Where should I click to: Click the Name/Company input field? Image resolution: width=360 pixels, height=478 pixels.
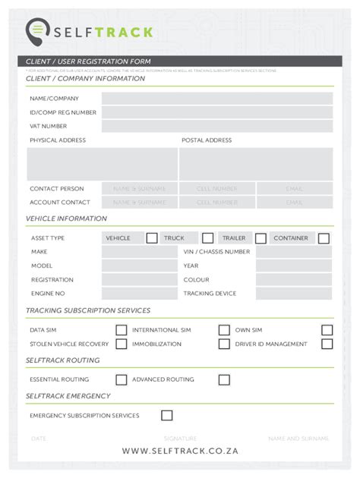click(x=216, y=99)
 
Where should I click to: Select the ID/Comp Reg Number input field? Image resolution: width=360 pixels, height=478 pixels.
click(x=216, y=112)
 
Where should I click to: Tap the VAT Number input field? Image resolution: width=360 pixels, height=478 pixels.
click(x=216, y=126)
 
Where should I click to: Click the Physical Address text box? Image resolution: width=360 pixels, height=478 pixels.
click(x=102, y=164)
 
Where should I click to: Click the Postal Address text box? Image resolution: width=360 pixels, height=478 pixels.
click(x=256, y=164)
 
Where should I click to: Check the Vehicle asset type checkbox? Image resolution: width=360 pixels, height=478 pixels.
click(x=152, y=238)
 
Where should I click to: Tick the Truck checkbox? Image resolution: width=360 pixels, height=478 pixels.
click(x=207, y=238)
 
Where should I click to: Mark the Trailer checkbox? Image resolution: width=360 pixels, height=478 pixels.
click(x=261, y=238)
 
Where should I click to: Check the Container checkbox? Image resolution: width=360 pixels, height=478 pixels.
click(x=324, y=238)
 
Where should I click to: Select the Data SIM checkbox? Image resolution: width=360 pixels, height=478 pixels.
click(x=121, y=330)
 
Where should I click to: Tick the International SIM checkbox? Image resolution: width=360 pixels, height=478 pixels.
click(x=224, y=330)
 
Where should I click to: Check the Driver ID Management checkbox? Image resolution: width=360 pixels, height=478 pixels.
click(x=327, y=344)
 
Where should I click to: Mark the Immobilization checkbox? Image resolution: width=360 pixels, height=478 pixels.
click(x=224, y=344)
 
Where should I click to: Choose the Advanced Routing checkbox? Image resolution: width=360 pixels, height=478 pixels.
click(x=224, y=379)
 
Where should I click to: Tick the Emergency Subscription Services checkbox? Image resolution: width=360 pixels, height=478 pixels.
click(x=166, y=415)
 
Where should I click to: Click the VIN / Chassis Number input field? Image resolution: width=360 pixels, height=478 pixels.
click(x=293, y=252)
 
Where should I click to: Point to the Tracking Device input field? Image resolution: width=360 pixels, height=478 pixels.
click(x=293, y=294)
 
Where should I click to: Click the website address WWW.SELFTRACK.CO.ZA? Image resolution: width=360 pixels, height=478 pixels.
click(x=180, y=451)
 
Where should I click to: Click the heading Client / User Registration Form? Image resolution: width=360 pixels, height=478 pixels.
click(x=88, y=61)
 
